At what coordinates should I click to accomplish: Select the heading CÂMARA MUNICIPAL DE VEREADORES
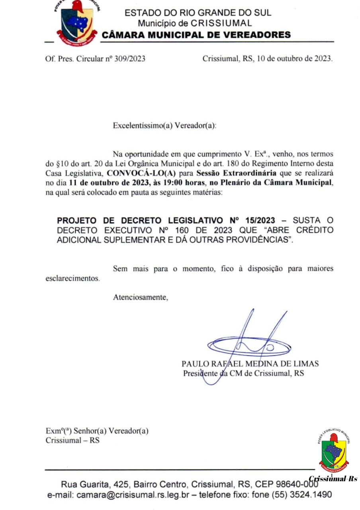(x=196, y=35)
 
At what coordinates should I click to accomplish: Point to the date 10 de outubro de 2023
(x=294, y=59)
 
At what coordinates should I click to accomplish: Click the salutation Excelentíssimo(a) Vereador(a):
(x=164, y=126)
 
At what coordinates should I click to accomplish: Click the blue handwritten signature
(x=249, y=343)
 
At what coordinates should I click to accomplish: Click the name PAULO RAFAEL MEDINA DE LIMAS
(x=250, y=364)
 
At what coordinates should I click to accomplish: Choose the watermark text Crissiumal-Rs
(x=333, y=479)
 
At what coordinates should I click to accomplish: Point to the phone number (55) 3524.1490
(x=301, y=495)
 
